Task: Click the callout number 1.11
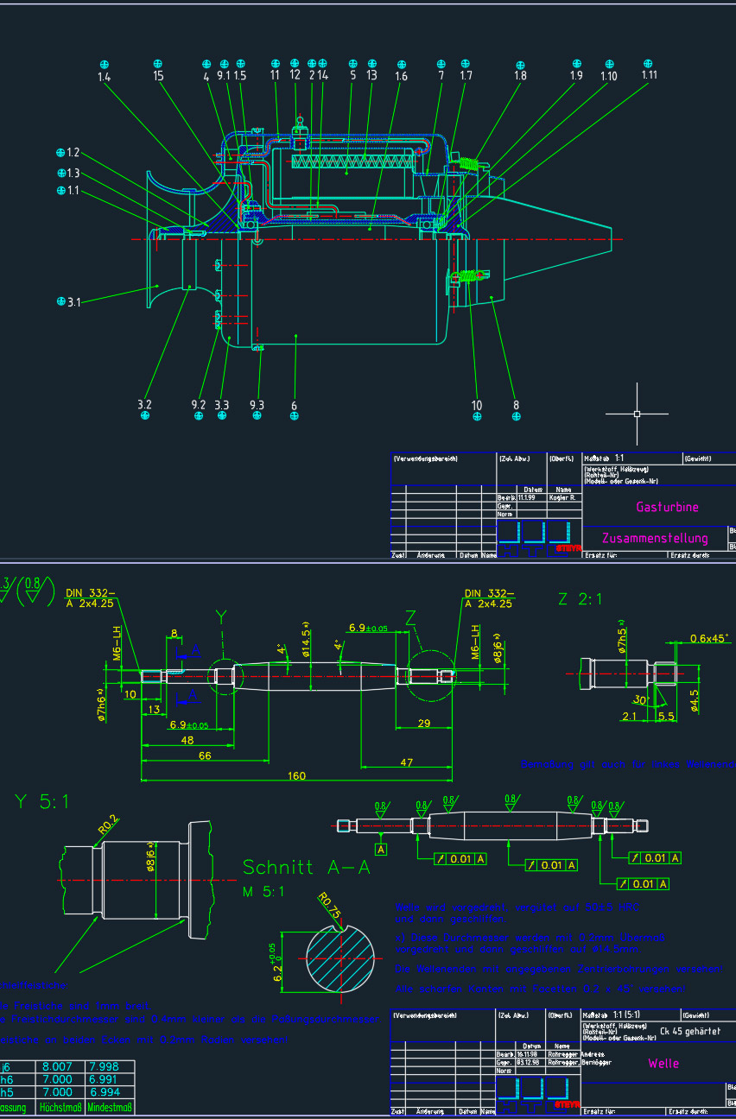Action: click(650, 75)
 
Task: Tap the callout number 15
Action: click(158, 76)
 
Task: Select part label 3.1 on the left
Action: click(73, 302)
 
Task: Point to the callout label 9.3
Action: click(257, 404)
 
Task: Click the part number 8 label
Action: click(517, 404)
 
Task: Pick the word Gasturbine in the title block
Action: click(667, 507)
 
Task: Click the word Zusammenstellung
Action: click(655, 538)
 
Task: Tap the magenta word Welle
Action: click(663, 1063)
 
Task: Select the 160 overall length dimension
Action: click(296, 776)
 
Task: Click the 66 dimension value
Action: click(205, 756)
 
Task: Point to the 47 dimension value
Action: click(407, 762)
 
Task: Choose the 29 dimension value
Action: click(423, 723)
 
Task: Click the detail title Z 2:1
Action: click(581, 599)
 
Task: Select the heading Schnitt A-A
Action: click(306, 867)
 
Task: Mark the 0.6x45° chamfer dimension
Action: click(708, 639)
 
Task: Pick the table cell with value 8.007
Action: click(57, 1066)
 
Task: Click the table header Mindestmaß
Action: click(110, 1107)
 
